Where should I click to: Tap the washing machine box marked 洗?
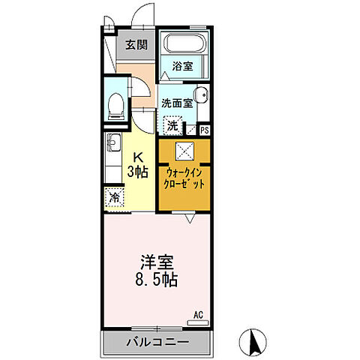pos(172,126)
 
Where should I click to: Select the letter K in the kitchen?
pos(138,156)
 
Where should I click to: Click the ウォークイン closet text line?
pos(184,171)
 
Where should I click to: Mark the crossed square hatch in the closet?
pos(184,150)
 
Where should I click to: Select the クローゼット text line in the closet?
pos(184,183)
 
